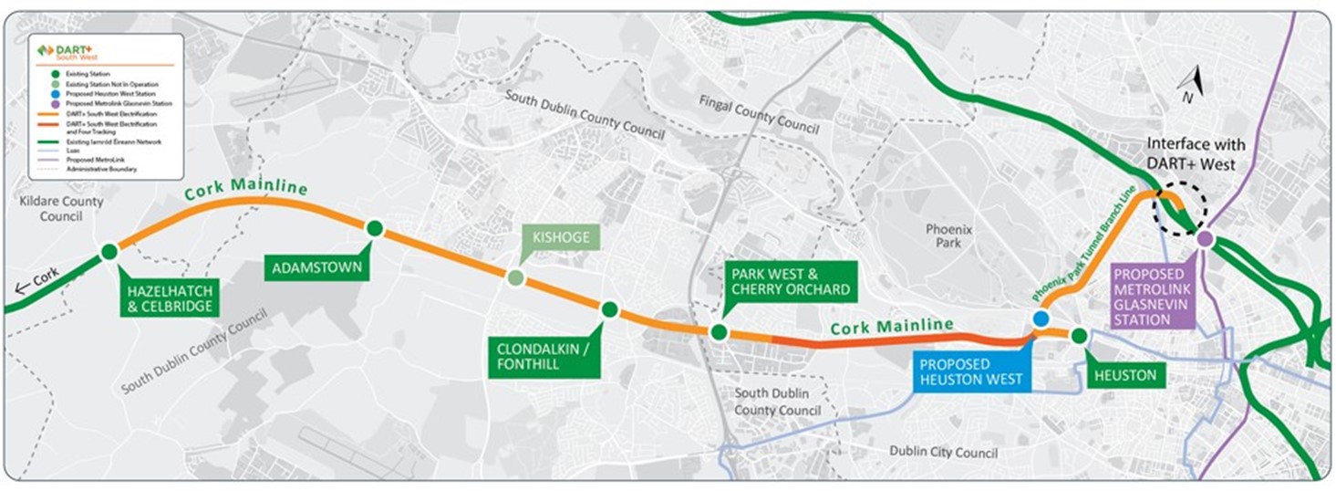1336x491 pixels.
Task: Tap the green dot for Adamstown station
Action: tap(373, 228)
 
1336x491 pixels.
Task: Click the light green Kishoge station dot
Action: tap(515, 277)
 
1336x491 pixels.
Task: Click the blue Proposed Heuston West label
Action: tap(970, 371)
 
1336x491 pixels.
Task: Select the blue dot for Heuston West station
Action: tap(1040, 319)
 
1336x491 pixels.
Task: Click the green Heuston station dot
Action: tap(1079, 336)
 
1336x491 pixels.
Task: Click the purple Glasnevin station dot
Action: tap(1205, 239)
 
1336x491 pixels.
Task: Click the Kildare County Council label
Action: tap(59, 209)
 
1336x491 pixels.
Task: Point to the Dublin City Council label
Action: tap(943, 452)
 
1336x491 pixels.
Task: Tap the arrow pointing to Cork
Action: tap(29, 285)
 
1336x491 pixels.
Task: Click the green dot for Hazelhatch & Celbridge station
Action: tap(109, 252)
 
